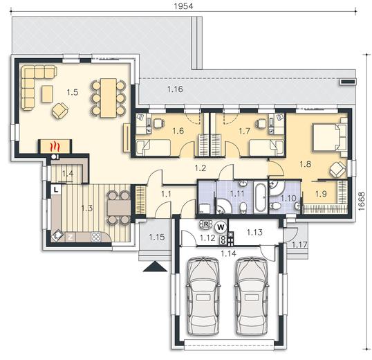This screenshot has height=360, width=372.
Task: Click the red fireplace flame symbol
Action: pyautogui.click(x=55, y=146)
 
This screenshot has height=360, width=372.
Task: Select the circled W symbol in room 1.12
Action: pyautogui.click(x=221, y=227)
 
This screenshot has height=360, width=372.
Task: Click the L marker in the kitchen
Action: pyautogui.click(x=56, y=190)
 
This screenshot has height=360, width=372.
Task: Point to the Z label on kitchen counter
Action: pyautogui.click(x=71, y=237)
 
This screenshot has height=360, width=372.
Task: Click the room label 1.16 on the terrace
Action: pyautogui.click(x=175, y=89)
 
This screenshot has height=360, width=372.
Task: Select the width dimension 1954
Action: pyautogui.click(x=184, y=6)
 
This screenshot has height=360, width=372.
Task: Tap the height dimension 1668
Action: pyautogui.click(x=362, y=201)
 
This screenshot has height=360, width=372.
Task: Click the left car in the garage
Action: pyautogui.click(x=203, y=296)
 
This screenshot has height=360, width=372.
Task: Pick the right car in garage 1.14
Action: pyautogui.click(x=251, y=296)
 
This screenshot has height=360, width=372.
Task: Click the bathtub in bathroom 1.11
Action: pyautogui.click(x=260, y=197)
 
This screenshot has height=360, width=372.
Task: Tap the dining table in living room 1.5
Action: pyautogui.click(x=109, y=98)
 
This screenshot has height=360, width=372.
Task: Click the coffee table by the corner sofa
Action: pyautogui.click(x=47, y=94)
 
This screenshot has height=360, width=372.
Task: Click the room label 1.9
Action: pyautogui.click(x=321, y=194)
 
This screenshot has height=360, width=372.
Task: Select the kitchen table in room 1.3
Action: pyautogui.click(x=119, y=208)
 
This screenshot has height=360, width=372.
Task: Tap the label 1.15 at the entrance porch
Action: pyautogui.click(x=157, y=237)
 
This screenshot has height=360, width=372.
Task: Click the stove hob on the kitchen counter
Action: pyautogui.click(x=96, y=237)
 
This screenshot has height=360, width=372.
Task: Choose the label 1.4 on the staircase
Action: pyautogui.click(x=68, y=174)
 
